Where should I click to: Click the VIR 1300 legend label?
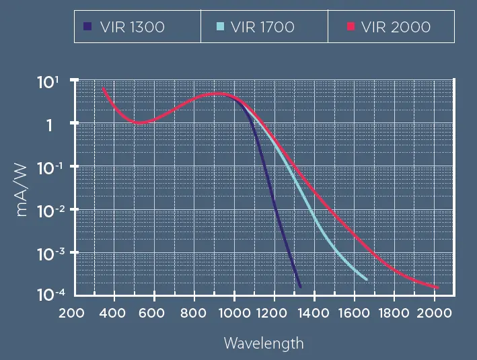(x=131, y=28)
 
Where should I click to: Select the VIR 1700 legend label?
(x=262, y=28)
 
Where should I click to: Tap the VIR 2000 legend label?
(x=396, y=28)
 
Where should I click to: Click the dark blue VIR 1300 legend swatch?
(x=87, y=27)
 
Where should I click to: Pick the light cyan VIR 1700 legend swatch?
(x=220, y=27)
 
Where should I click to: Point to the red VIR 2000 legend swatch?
(x=351, y=27)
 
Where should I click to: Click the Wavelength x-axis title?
(x=264, y=343)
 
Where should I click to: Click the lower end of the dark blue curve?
(x=299, y=285)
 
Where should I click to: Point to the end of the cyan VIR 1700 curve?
(x=367, y=279)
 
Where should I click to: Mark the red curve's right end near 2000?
(x=438, y=288)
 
